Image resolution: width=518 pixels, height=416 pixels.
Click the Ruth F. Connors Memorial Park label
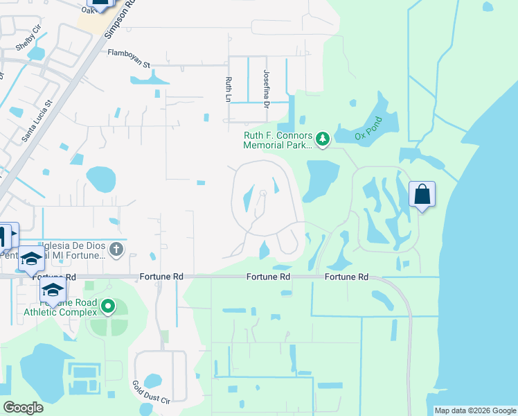pyautogui.click(x=278, y=140)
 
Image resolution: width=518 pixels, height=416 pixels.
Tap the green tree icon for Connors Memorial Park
pyautogui.click(x=322, y=140)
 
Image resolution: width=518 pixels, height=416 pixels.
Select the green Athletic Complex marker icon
pyautogui.click(x=107, y=305)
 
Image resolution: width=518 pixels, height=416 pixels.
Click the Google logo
pyautogui.click(x=24, y=407)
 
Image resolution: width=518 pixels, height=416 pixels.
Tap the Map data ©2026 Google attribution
pyautogui.click(x=475, y=410)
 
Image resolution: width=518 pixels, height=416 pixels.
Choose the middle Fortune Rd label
pyautogui.click(x=268, y=277)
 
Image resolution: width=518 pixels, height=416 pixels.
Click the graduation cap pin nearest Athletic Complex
pyautogui.click(x=53, y=291)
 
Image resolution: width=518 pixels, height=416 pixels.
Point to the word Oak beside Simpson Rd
pyautogui.click(x=87, y=10)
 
